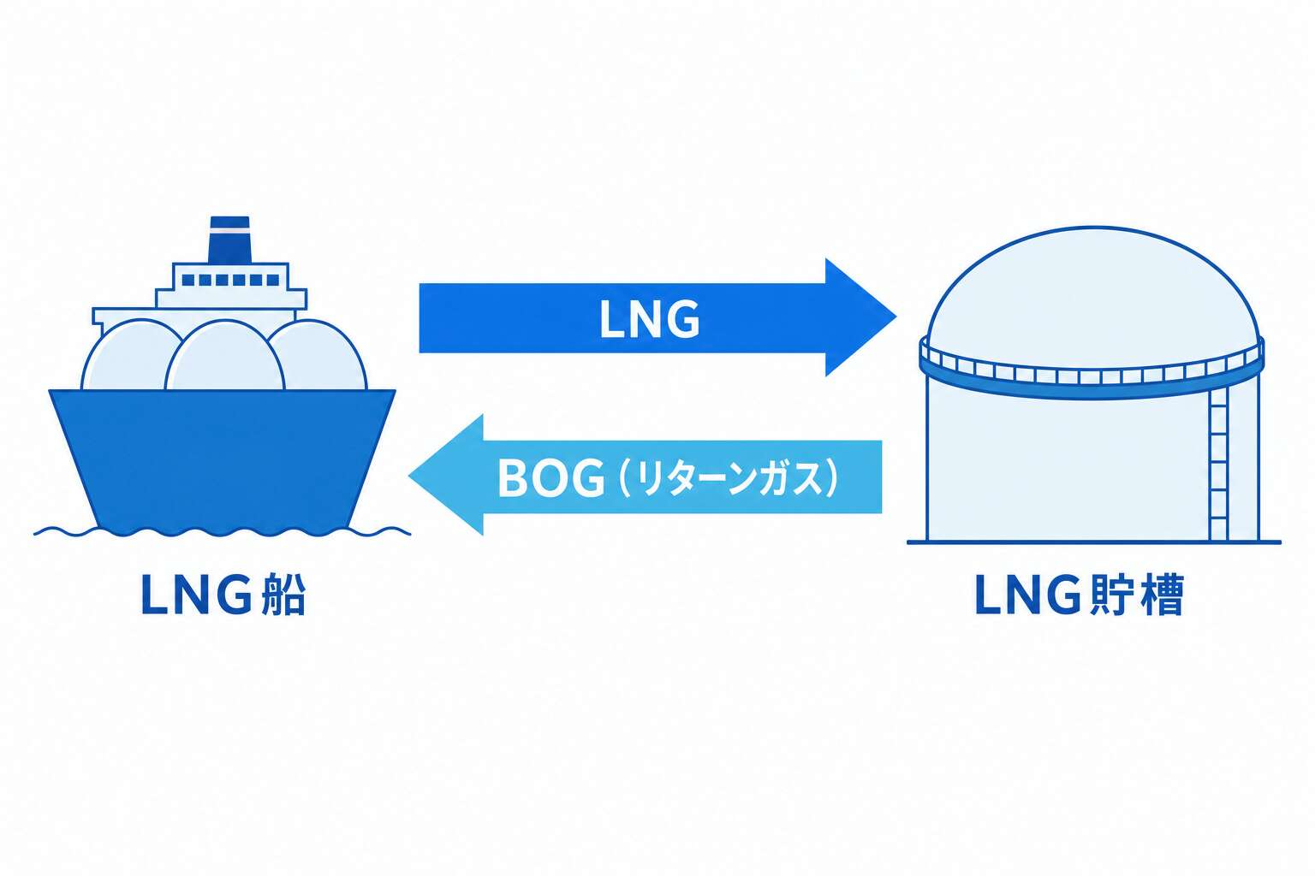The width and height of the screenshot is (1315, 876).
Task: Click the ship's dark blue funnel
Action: [x=229, y=240]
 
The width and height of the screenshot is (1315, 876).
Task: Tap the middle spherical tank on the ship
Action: [x=225, y=355]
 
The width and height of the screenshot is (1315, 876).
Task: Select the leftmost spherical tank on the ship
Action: [x=129, y=355]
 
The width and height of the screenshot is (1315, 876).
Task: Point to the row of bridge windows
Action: [x=230, y=281]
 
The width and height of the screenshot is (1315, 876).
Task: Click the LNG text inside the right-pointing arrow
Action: [x=649, y=319]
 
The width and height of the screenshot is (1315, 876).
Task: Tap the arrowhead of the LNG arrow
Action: [x=860, y=317]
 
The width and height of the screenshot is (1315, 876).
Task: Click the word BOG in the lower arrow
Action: [x=550, y=478]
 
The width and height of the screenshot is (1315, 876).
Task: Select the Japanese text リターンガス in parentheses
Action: [x=728, y=478]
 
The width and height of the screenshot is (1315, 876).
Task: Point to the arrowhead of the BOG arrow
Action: [x=446, y=475]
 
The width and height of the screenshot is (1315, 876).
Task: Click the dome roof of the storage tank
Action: [x=1092, y=287]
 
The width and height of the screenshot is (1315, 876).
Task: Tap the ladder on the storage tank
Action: [x=1218, y=465]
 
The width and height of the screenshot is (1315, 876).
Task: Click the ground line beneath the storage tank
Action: [x=1093, y=542]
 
